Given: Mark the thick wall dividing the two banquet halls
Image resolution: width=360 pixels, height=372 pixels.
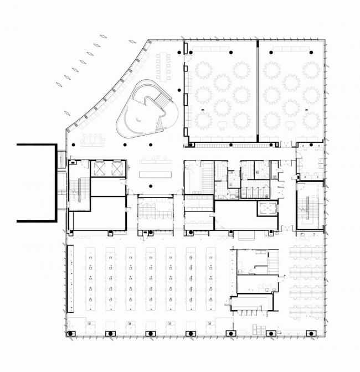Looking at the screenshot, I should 258,91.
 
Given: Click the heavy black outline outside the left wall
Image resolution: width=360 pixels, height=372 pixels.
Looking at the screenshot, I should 37,183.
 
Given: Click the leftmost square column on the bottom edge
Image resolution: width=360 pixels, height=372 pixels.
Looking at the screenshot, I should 70,333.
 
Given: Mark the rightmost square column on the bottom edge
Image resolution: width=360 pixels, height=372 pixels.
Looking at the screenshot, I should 310,333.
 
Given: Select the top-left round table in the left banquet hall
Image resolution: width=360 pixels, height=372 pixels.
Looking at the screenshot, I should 204,70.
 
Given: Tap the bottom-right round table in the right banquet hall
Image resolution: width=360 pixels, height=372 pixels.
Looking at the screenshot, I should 311,120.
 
